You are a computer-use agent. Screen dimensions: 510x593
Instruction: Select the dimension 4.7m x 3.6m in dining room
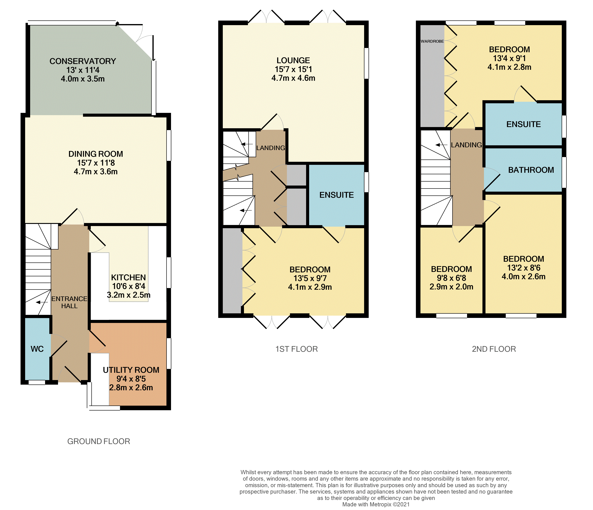point(96,172)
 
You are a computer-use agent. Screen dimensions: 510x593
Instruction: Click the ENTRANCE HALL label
point(69,302)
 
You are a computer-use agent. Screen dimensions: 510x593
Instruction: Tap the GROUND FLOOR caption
point(98,441)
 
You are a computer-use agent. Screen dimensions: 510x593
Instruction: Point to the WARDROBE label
point(432,41)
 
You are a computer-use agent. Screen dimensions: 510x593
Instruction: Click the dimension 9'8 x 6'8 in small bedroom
point(451,278)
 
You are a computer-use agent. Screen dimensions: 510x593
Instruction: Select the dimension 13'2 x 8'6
point(523,268)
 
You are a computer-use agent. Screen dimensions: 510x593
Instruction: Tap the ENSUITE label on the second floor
point(523,124)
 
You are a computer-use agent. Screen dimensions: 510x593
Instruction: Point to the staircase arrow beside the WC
point(42,302)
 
